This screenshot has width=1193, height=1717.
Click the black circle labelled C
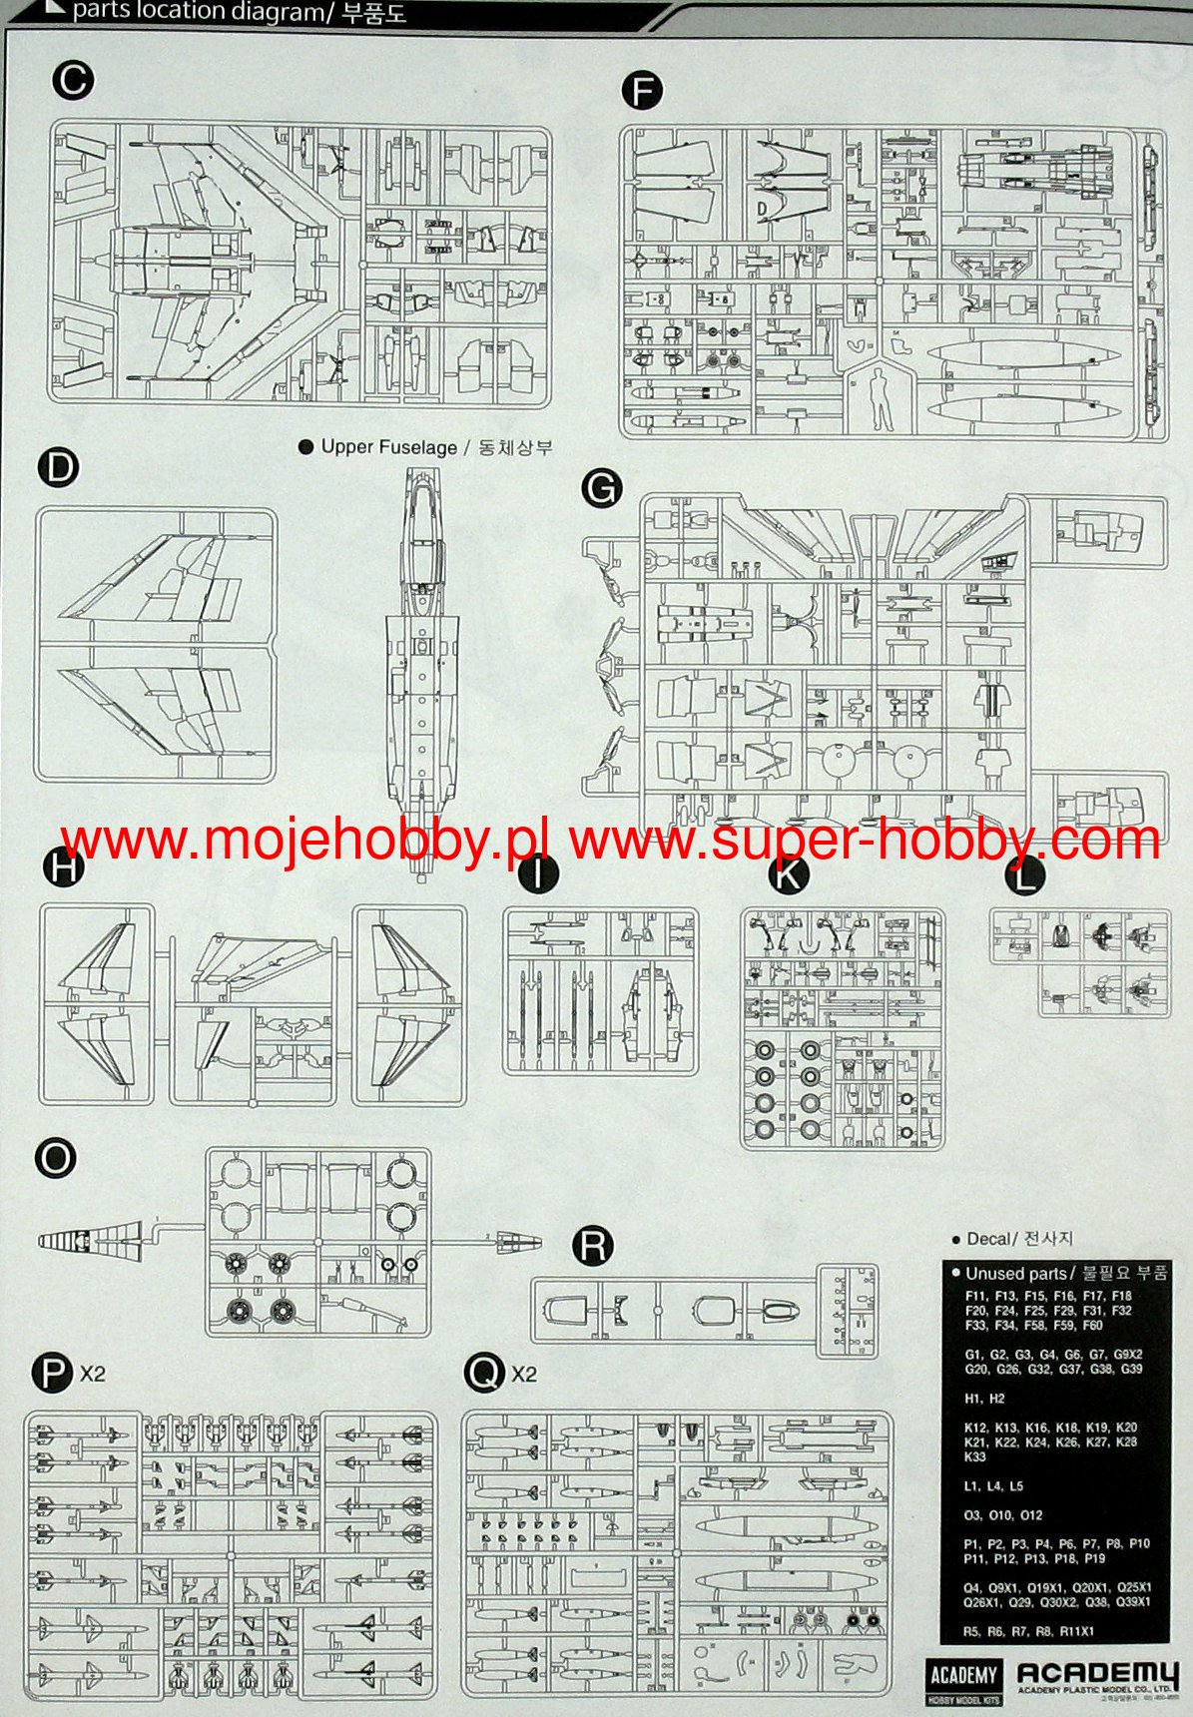(x=72, y=80)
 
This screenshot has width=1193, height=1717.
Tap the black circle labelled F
(x=642, y=92)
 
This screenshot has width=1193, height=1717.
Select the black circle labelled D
(x=59, y=467)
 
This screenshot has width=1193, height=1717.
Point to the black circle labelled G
(x=601, y=488)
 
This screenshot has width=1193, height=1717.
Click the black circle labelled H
(x=63, y=867)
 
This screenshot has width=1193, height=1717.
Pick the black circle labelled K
(x=788, y=875)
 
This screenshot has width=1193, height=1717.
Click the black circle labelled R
(x=592, y=1246)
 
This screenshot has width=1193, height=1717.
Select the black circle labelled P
(x=52, y=1374)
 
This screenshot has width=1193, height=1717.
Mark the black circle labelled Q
(x=484, y=1374)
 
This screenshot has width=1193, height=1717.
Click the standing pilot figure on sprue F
(x=881, y=398)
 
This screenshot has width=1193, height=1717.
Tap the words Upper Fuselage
(x=388, y=447)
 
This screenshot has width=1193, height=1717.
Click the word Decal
(x=988, y=1239)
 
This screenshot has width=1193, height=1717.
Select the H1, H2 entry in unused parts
(x=984, y=1399)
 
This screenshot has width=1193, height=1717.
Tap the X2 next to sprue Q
(x=524, y=1375)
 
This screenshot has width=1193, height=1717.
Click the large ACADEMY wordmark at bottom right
(x=1097, y=1673)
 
